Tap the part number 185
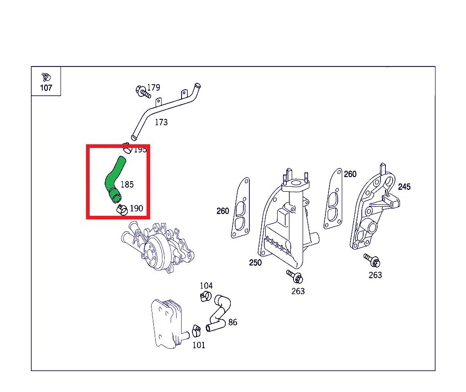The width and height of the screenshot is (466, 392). click(127, 185)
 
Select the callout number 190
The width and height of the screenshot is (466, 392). click(137, 209)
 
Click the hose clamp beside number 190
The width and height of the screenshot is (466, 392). click(122, 209)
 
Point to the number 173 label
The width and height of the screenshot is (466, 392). click(161, 122)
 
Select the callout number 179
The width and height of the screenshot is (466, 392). click(154, 87)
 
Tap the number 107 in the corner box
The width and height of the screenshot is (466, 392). click(46, 88)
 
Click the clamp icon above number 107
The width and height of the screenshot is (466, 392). click(46, 77)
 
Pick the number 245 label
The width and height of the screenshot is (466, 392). click(404, 187)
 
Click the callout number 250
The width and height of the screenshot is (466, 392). click(255, 263)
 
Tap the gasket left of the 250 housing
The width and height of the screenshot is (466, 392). click(240, 208)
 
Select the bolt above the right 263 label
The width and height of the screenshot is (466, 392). click(372, 260)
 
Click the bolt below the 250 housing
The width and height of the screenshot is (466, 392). click(294, 277)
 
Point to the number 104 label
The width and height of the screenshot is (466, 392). click(206, 286)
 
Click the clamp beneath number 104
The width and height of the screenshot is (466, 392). click(205, 296)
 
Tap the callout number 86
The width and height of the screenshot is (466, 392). click(233, 322)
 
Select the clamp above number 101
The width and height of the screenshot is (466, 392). click(196, 331)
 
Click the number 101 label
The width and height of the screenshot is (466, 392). click(199, 345)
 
